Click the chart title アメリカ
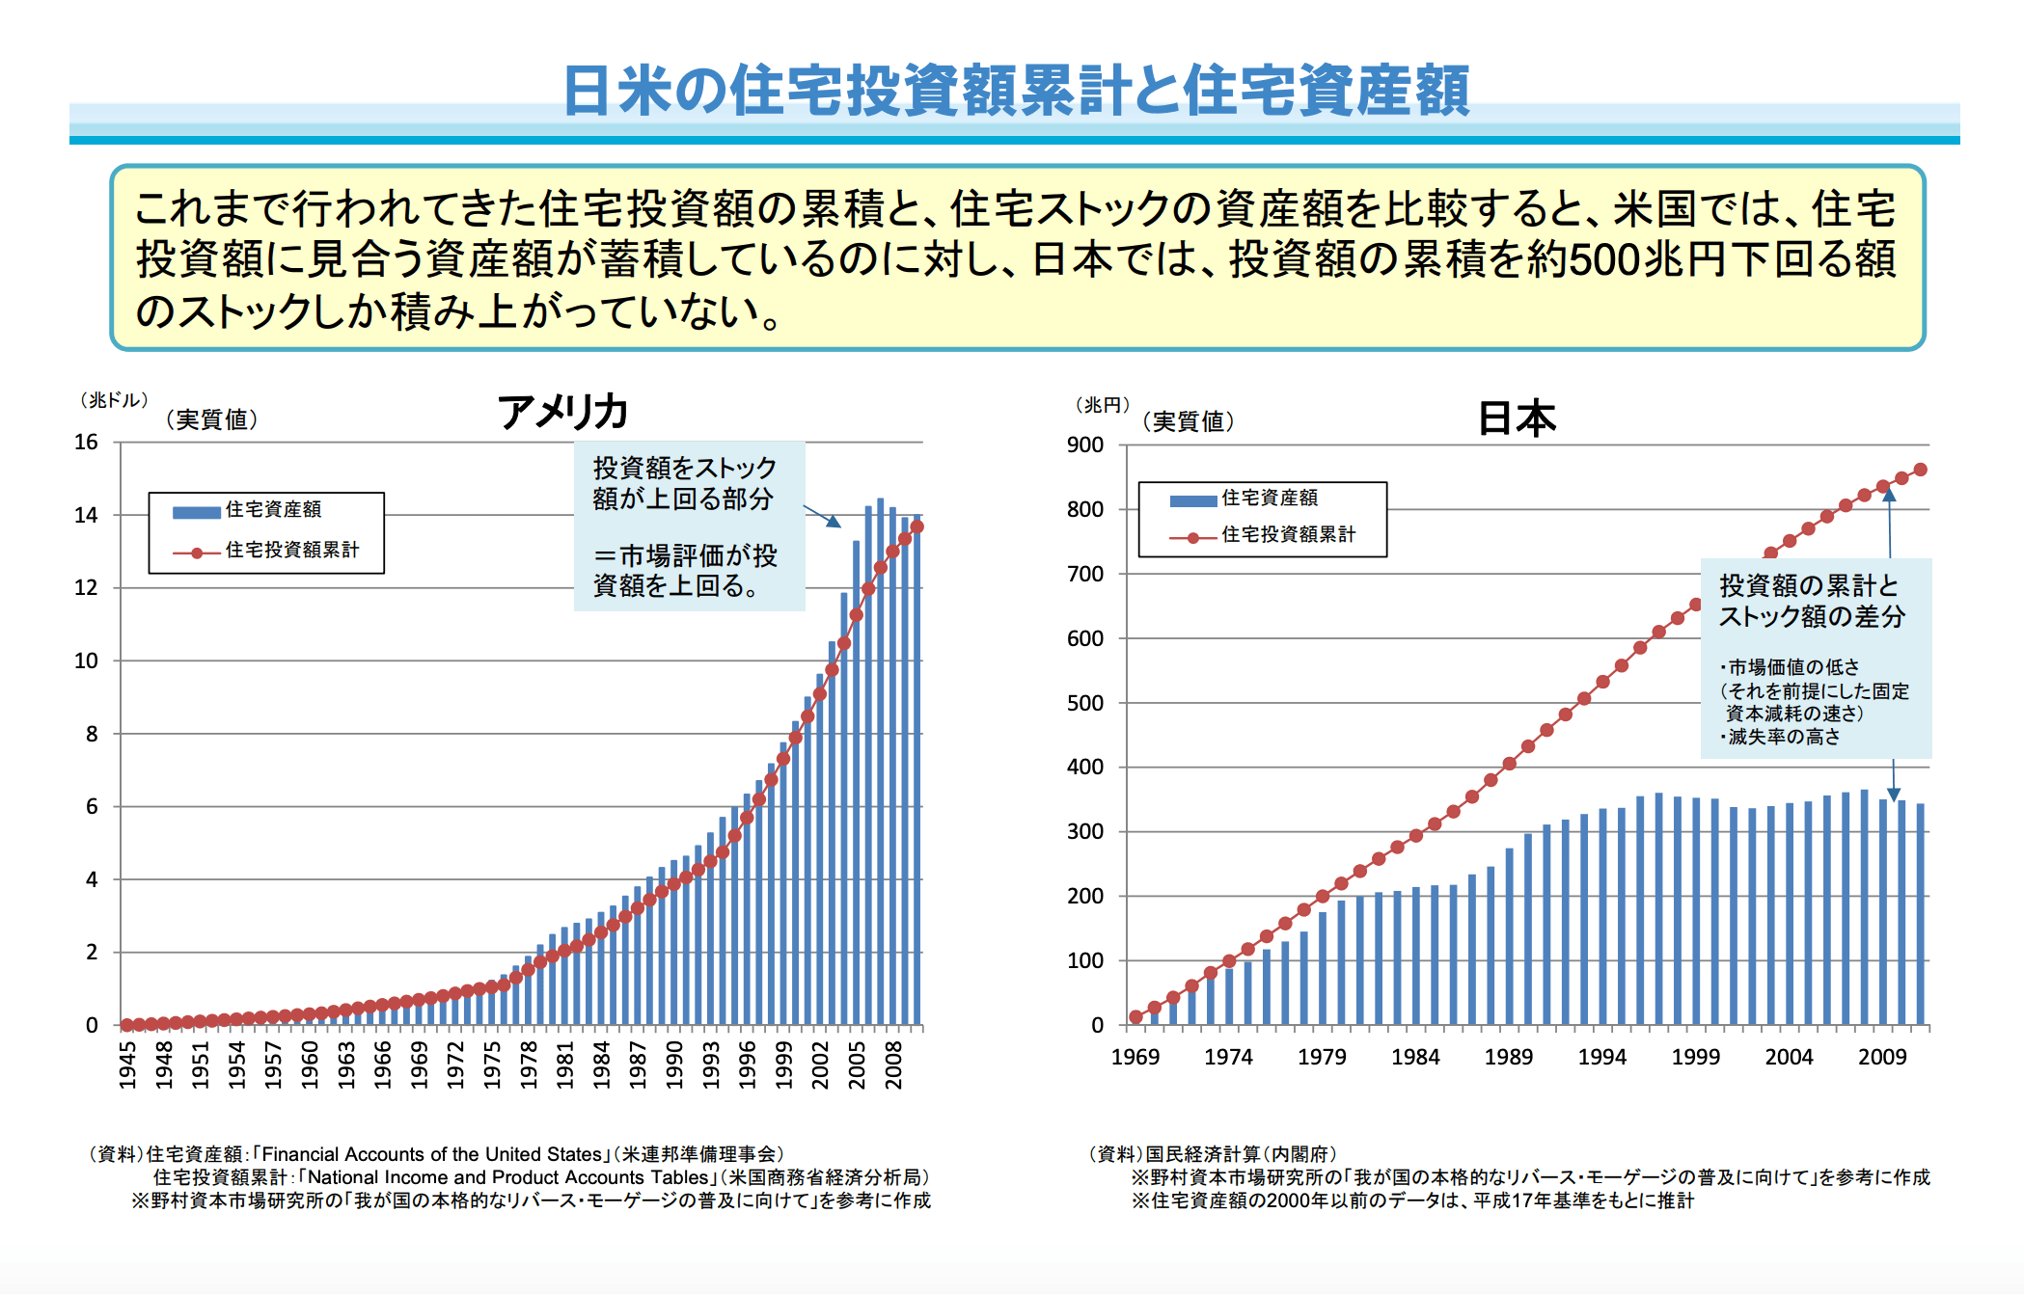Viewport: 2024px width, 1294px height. click(563, 412)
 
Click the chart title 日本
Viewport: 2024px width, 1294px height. click(1518, 418)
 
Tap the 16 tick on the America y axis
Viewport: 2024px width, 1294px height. click(87, 442)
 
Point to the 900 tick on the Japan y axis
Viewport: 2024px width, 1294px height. click(1085, 445)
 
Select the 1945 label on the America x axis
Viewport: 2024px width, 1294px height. click(127, 1065)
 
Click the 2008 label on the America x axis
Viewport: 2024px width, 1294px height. click(893, 1065)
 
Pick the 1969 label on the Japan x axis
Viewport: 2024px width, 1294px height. click(1135, 1057)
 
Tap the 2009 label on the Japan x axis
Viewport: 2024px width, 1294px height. click(1882, 1057)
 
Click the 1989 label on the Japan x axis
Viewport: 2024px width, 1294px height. click(1509, 1057)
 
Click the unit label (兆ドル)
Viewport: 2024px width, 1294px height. click(114, 399)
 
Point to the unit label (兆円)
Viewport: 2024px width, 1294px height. click(1103, 405)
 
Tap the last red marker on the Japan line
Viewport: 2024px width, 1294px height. click(1920, 470)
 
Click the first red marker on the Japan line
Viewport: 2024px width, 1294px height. click(1135, 1016)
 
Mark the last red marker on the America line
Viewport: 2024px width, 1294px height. click(917, 526)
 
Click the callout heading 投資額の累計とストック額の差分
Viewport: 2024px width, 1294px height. click(1811, 601)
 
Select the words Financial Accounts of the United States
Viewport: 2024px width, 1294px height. click(431, 1154)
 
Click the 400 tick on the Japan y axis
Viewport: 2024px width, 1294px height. click(1085, 767)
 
